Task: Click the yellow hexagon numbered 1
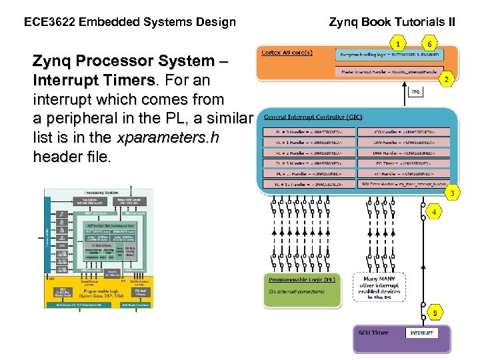[398, 43]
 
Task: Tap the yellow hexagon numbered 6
[430, 43]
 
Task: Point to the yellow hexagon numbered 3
[452, 193]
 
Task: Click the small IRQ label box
[415, 92]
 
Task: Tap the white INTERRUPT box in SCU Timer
[421, 333]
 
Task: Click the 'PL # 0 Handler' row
[308, 132]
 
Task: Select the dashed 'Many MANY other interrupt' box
[379, 286]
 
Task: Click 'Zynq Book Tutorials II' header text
[393, 22]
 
